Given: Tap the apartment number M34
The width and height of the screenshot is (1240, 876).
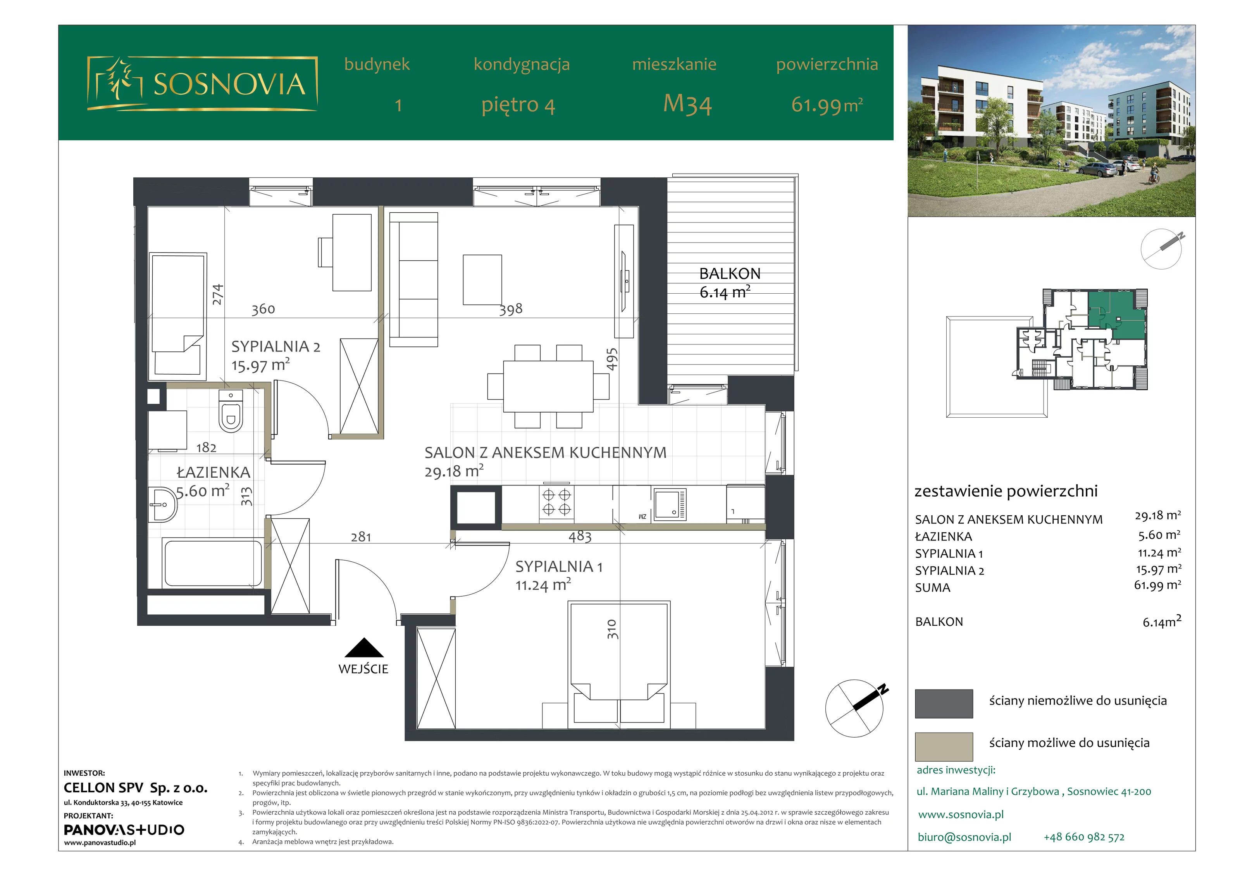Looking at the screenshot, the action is (x=687, y=104).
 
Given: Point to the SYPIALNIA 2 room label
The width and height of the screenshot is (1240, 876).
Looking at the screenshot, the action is (x=276, y=346).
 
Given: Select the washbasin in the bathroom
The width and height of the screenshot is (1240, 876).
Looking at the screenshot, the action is (x=163, y=504).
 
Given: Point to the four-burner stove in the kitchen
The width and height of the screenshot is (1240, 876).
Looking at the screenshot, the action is (x=556, y=502).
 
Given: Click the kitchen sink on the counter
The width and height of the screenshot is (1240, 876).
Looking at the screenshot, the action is (x=670, y=504).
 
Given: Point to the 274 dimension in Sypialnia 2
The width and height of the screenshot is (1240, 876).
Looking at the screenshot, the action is (x=217, y=294).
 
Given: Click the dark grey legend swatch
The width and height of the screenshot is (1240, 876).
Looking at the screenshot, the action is (x=944, y=703).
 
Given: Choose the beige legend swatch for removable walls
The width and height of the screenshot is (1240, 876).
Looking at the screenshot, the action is (x=944, y=746).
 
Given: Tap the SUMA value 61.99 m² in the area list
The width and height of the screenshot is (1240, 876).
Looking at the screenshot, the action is (x=1157, y=585).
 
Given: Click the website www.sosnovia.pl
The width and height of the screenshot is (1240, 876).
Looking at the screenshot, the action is (x=961, y=814).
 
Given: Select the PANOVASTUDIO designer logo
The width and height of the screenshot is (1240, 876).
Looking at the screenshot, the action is (x=124, y=830).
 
